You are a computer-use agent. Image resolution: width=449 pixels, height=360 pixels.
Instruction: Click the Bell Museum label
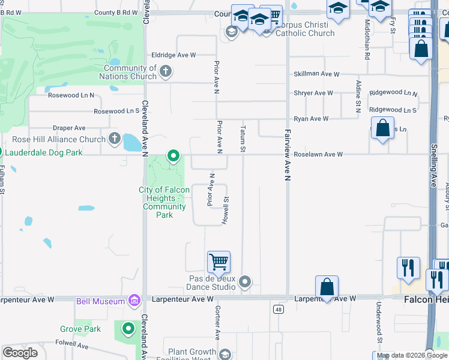pyautogui.click(x=100, y=301)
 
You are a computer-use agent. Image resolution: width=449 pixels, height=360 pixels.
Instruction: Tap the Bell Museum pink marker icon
pyautogui.click(x=134, y=301)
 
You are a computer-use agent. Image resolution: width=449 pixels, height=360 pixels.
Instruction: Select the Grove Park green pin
pyautogui.click(x=128, y=329)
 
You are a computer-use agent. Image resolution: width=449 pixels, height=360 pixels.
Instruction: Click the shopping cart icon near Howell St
pyautogui.click(x=218, y=262)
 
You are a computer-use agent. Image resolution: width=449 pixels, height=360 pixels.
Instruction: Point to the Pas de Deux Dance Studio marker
pyautogui.click(x=244, y=281)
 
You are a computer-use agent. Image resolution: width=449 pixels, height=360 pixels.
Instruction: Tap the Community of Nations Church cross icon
pyautogui.click(x=166, y=73)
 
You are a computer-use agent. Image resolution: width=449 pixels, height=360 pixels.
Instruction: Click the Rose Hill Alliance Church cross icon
pyautogui.click(x=114, y=139)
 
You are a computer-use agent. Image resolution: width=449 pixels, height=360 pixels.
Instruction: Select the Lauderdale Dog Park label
pyautogui.click(x=42, y=152)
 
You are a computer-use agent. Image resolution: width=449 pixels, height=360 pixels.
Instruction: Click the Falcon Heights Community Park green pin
pyautogui.click(x=173, y=157)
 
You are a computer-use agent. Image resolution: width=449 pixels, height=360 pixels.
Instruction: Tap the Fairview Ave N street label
pyautogui.click(x=288, y=156)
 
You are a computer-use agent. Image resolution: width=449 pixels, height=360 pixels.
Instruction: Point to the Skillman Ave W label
pyautogui.click(x=316, y=74)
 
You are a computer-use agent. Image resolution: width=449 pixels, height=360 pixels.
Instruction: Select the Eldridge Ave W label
pyautogui.click(x=174, y=55)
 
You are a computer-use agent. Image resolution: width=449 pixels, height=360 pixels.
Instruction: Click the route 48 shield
pyautogui.click(x=278, y=309)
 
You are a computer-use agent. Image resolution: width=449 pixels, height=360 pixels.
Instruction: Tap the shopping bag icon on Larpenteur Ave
pyautogui.click(x=327, y=287)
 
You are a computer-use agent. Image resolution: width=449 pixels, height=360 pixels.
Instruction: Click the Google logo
pyautogui.click(x=20, y=352)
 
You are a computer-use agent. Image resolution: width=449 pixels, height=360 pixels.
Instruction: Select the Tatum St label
pyautogui.click(x=243, y=139)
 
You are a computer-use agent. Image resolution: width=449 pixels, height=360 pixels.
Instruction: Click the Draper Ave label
pyautogui.click(x=69, y=128)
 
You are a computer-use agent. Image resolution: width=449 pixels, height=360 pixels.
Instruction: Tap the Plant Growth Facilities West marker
pyautogui.click(x=225, y=355)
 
